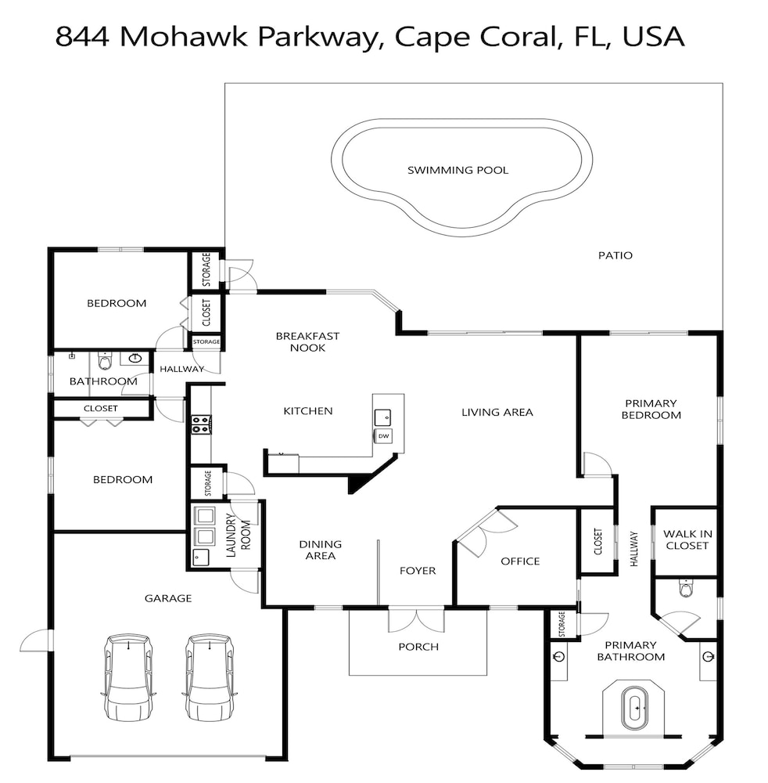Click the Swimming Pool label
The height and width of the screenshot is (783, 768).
tap(458, 170)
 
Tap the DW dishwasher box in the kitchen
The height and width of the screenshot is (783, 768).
tap(383, 436)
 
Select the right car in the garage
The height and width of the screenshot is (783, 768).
tap(210, 677)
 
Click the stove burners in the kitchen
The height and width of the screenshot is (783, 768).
tap(201, 424)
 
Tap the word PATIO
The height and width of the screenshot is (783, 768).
tap(615, 256)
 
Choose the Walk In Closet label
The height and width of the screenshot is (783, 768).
tap(687, 539)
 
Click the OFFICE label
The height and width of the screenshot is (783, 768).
tap(520, 561)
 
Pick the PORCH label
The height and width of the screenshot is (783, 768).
tap(418, 647)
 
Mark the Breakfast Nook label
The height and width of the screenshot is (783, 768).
tap(307, 342)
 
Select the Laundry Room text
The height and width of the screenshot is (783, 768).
tap(238, 536)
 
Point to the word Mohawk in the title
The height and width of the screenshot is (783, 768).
tap(184, 37)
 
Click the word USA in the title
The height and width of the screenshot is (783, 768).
tap(653, 37)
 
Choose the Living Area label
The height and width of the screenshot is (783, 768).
tap(497, 413)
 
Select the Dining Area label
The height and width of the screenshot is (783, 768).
tap(320, 550)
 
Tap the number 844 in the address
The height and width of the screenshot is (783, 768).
tap(82, 37)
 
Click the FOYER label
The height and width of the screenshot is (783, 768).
tap(418, 571)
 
